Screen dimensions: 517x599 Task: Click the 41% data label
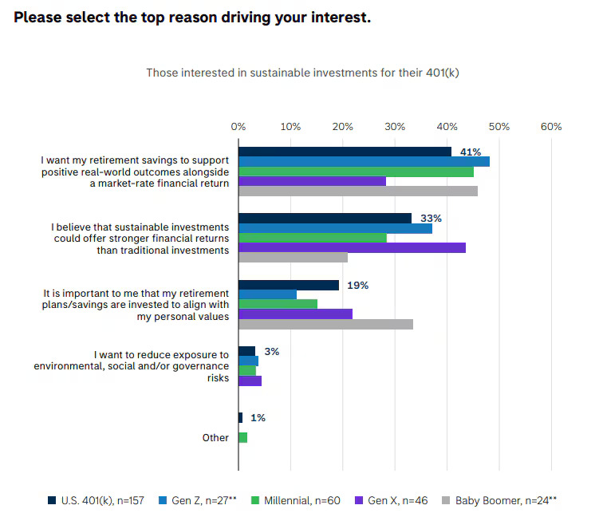coord(471,152)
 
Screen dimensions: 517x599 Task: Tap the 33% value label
coord(432,218)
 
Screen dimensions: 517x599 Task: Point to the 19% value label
coord(358,285)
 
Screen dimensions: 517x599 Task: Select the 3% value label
coord(272,351)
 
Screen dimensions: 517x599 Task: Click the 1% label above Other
coord(258,417)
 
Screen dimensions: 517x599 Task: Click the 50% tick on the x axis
coord(499,127)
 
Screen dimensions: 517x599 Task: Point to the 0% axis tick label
coord(238,127)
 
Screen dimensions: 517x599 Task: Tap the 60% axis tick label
coord(550,127)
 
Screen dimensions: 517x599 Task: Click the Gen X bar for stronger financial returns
coord(352,248)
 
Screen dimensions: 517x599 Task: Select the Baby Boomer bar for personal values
coord(325,324)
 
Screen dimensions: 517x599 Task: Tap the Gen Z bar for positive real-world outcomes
coord(364,161)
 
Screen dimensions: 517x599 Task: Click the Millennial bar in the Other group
coord(242,437)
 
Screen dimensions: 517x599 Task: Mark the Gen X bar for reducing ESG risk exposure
coord(250,381)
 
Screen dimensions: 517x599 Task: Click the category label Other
coord(215,437)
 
